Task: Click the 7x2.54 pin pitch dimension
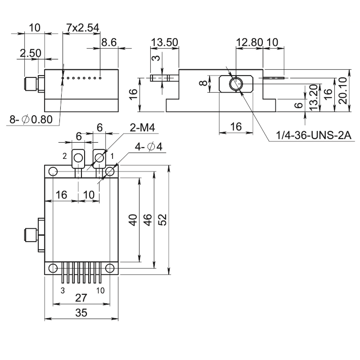pyautogui.click(x=79, y=28)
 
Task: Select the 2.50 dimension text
pyautogui.click(x=30, y=53)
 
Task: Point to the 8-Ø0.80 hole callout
pyautogui.click(x=31, y=119)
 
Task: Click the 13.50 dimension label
pyautogui.click(x=164, y=42)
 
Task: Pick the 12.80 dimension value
pyautogui.click(x=249, y=42)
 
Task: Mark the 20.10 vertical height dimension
pyautogui.click(x=343, y=90)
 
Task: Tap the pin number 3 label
pyautogui.click(x=63, y=291)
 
